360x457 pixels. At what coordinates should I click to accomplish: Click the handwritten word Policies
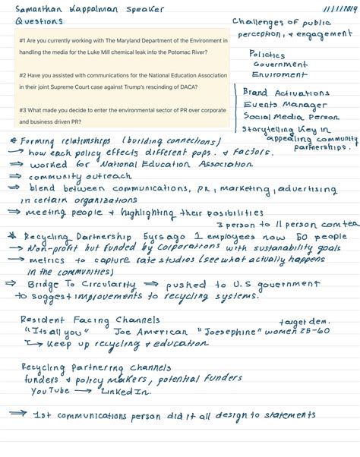(x=267, y=55)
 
